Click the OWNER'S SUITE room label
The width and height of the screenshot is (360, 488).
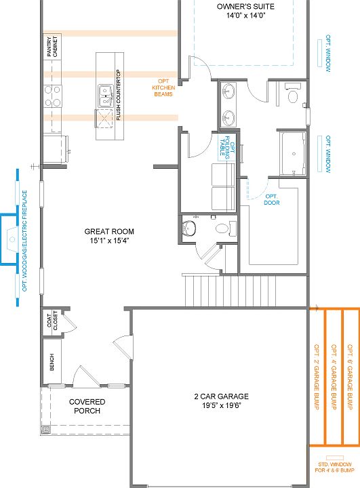(245, 7)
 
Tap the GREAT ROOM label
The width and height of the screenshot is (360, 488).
(109, 232)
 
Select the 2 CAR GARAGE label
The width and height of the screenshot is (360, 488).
(222, 396)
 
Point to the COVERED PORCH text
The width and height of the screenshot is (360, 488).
(87, 406)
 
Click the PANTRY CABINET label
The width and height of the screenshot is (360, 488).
(52, 46)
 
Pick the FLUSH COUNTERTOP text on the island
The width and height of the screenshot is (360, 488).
(119, 96)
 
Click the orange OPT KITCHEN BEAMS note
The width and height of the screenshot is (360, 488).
(163, 87)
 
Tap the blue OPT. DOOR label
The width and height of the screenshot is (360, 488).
(272, 199)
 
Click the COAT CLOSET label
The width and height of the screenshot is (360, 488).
(52, 321)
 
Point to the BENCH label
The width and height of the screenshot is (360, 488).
(52, 362)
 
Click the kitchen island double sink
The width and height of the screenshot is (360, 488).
(106, 96)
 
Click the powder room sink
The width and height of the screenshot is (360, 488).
(189, 228)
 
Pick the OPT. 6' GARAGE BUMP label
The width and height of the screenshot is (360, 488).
(350, 377)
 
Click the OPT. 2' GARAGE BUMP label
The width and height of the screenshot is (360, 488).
(317, 377)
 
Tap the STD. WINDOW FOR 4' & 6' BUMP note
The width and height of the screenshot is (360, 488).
(334, 467)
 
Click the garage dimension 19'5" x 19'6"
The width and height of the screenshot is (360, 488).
(222, 405)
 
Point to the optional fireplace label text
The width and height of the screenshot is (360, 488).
(24, 241)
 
